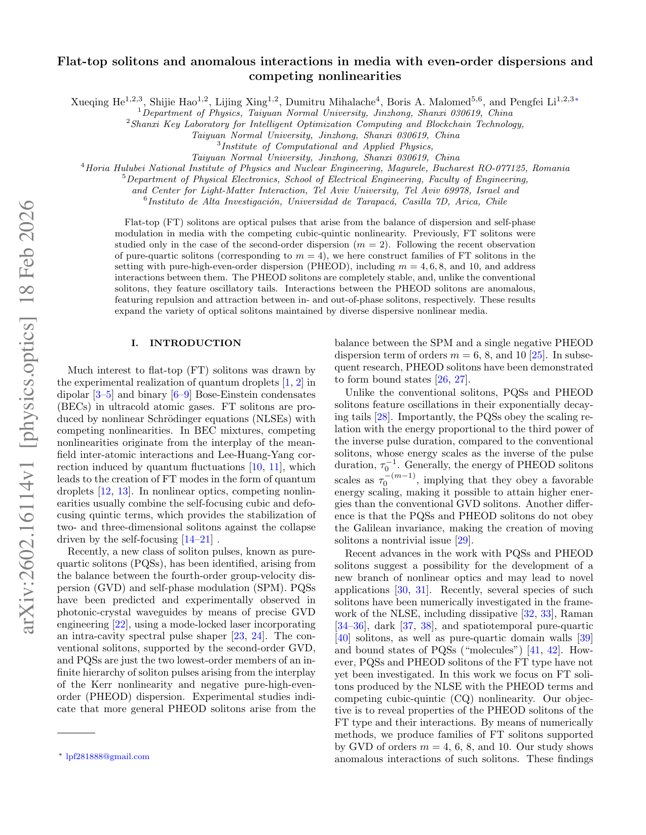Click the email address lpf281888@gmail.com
108,757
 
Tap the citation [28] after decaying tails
382,416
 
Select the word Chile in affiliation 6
496,201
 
